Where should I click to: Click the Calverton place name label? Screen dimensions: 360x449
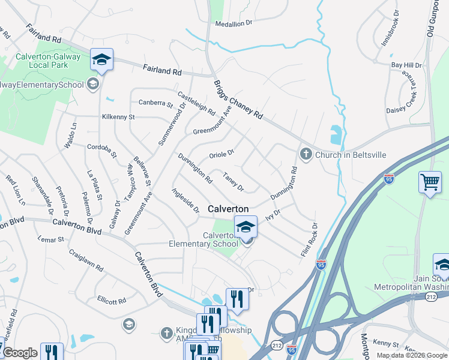(228, 208)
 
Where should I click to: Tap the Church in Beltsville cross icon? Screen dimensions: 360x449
(306, 154)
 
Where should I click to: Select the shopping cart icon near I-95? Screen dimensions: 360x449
(430, 182)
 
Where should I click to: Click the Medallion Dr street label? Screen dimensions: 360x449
(237, 23)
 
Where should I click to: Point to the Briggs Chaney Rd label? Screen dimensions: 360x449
(238, 99)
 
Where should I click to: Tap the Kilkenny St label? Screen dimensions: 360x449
(118, 116)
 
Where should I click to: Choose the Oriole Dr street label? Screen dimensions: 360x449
(221, 154)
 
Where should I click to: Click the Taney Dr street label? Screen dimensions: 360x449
(233, 182)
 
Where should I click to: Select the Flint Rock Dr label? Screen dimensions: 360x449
(309, 240)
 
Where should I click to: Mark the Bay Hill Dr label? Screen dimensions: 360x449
(406, 65)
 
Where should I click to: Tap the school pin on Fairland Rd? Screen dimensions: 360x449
(101, 59)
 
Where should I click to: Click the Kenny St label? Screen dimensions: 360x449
(382, 342)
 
